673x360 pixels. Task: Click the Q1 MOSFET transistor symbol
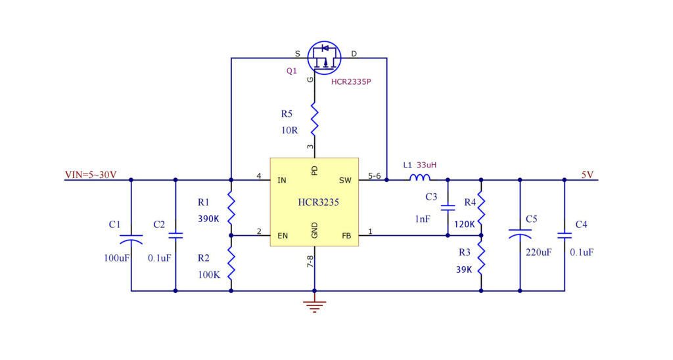pyautogui.click(x=325, y=58)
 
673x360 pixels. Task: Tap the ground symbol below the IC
pyautogui.click(x=315, y=306)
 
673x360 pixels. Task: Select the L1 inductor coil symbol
pyautogui.click(x=420, y=177)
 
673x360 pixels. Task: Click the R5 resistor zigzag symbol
pyautogui.click(x=315, y=118)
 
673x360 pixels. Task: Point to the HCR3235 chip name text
pyautogui.click(x=319, y=202)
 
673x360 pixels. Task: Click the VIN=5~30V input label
pyautogui.click(x=91, y=175)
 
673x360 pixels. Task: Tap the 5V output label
pyautogui.click(x=587, y=175)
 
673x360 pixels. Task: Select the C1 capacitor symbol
pyautogui.click(x=131, y=239)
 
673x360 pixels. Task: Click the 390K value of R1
pyautogui.click(x=208, y=219)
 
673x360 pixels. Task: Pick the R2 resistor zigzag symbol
pyautogui.click(x=231, y=263)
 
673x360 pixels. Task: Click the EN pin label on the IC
pyautogui.click(x=283, y=236)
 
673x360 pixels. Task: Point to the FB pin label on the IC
pyautogui.click(x=346, y=236)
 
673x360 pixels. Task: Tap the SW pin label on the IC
pyautogui.click(x=345, y=180)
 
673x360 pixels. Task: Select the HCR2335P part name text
pyautogui.click(x=351, y=81)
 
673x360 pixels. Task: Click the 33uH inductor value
pyautogui.click(x=427, y=165)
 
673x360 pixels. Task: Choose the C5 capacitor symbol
pyautogui.click(x=520, y=234)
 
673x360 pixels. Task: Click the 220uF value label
pyautogui.click(x=539, y=252)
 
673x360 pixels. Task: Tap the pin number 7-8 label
pyautogui.click(x=310, y=261)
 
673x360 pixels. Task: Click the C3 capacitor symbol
pyautogui.click(x=448, y=208)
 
